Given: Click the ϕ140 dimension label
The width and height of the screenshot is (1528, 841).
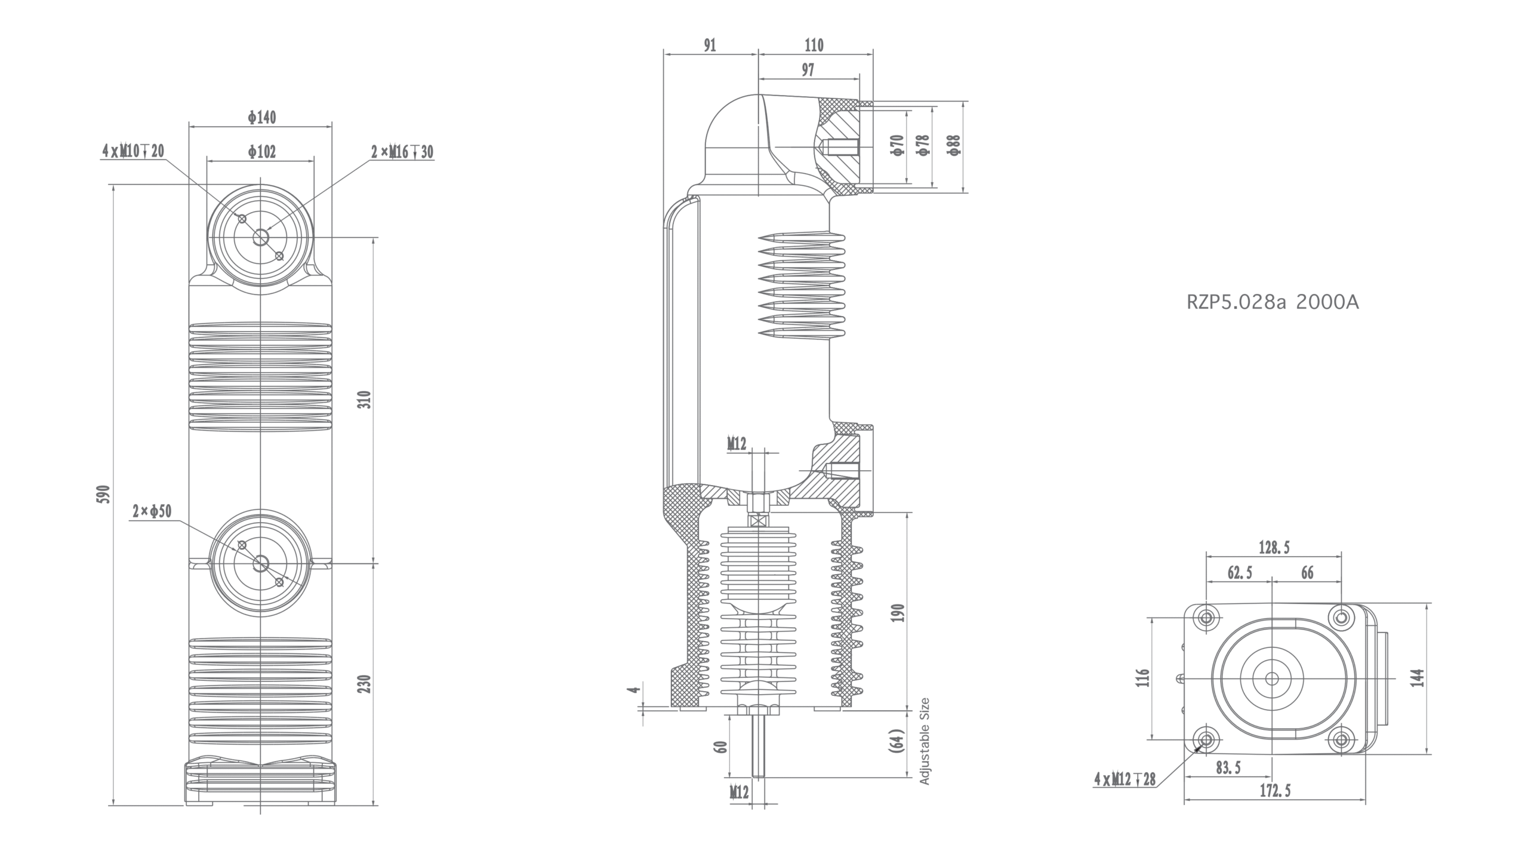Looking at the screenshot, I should click(x=262, y=117).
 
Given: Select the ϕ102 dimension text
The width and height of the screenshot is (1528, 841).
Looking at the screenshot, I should click(x=262, y=152).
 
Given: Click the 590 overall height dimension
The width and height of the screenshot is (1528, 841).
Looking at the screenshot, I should click(x=104, y=494).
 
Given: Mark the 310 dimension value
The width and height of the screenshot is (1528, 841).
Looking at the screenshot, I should click(x=366, y=399).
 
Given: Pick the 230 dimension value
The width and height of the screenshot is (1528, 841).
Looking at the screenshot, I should click(x=366, y=683).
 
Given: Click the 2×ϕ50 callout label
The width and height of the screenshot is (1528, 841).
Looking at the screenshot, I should click(x=152, y=511).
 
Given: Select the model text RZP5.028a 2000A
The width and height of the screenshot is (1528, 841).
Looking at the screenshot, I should click(x=1273, y=303).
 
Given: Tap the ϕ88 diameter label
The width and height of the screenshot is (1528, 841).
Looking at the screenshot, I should click(x=954, y=145).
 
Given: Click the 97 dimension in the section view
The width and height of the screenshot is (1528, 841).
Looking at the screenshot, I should click(x=808, y=70).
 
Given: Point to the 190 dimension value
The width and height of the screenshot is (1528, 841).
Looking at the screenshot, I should click(x=899, y=613).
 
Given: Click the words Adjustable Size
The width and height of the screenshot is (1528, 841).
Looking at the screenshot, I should click(x=925, y=741).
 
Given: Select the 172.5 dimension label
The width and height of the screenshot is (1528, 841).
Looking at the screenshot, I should click(x=1275, y=790).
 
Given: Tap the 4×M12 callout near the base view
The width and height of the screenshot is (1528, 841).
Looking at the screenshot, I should click(x=1125, y=779).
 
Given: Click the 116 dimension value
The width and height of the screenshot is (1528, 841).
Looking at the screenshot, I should click(x=1142, y=678).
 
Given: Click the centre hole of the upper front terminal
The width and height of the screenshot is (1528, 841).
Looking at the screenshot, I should click(x=261, y=238).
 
